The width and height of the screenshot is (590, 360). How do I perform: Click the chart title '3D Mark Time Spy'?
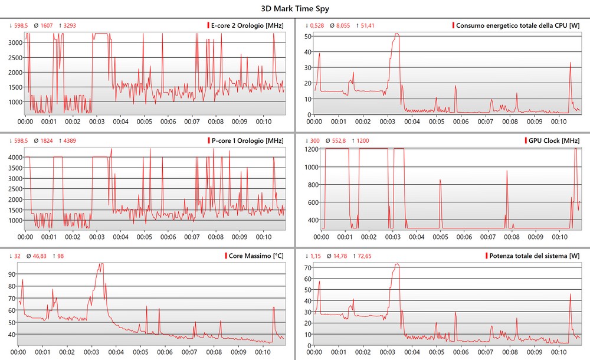pyautogui.click(x=295, y=9)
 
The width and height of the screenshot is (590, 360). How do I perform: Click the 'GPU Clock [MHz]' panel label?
pyautogui.click(x=552, y=141)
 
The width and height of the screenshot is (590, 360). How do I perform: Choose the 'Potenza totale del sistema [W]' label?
pyautogui.click(x=534, y=256)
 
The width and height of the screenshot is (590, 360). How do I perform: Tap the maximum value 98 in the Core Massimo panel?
pyautogui.click(x=60, y=256)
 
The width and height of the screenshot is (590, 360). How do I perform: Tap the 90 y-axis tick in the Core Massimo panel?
pyautogui.click(x=11, y=274)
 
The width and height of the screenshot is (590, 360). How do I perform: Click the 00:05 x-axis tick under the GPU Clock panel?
pyautogui.click(x=441, y=237)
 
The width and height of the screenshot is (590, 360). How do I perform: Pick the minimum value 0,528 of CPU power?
pyautogui.click(x=317, y=25)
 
